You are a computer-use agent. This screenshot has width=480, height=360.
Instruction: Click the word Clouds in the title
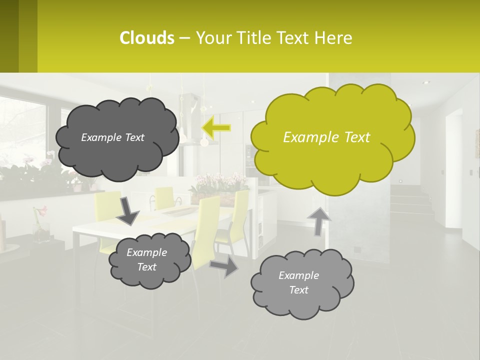point(146,37)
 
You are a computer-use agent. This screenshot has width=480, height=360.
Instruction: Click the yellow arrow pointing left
point(216,128)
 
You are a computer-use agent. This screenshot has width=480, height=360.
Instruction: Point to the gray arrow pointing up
point(319,220)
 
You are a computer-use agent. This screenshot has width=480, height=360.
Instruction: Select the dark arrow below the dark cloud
point(128,210)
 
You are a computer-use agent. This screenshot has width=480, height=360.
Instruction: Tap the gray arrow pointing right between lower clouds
point(224,266)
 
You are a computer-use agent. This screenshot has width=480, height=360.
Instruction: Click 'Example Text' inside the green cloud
point(326,137)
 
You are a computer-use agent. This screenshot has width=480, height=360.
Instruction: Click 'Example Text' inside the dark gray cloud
point(112,137)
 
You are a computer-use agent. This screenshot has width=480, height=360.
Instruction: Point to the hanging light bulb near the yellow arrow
point(204,142)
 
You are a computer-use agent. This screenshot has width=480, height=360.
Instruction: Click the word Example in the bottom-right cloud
point(298,275)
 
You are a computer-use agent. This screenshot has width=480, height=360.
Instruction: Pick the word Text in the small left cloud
point(146,267)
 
